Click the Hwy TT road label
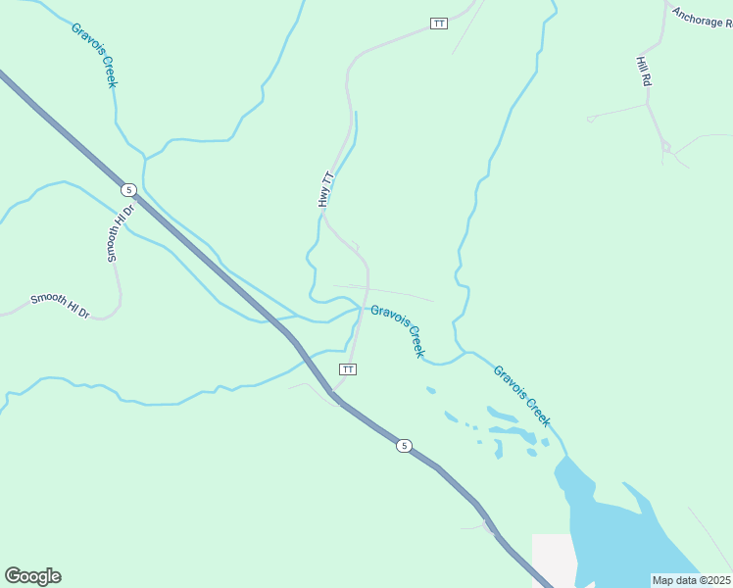pos(326,189)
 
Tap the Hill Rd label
pos(644,72)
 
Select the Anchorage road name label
pos(702,19)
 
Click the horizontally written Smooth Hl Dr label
pos(60,306)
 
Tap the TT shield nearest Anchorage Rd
pos(439,23)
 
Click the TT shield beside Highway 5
pos(347,368)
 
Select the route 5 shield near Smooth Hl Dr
pos(128,188)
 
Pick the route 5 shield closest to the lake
pos(404,446)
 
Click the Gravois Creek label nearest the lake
pos(521,396)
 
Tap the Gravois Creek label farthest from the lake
pos(94,55)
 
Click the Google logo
pos(32,576)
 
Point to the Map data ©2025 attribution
pos(691,580)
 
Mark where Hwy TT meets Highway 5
pos(333,394)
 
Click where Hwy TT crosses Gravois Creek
pos(361,309)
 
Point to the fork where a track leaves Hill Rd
pos(665,147)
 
